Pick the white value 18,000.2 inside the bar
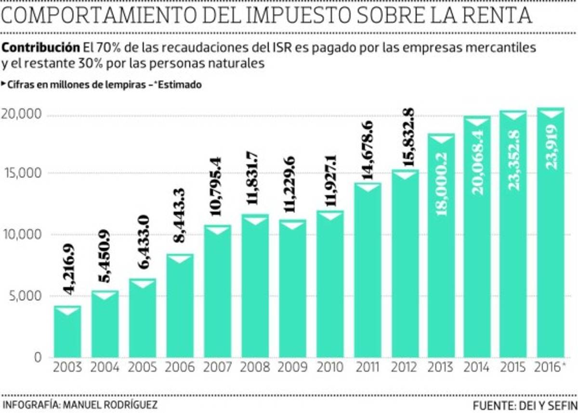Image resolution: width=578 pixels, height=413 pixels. (x=442, y=182)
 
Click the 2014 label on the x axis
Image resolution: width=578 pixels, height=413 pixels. (x=477, y=368)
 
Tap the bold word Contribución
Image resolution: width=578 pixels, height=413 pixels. (x=41, y=48)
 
